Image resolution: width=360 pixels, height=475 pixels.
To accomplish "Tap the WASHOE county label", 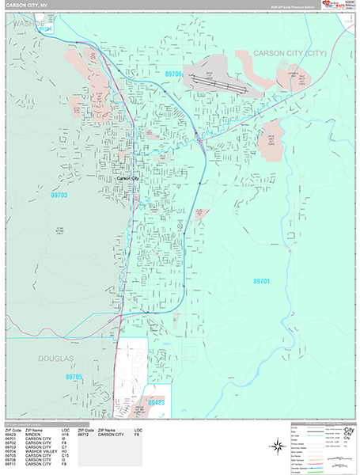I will tap(31, 24).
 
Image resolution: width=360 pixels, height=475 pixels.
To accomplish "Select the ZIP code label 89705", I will tap(74, 377).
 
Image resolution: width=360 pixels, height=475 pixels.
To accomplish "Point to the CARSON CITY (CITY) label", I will tap(290, 53).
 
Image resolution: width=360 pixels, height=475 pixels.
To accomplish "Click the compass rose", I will tap(279, 446).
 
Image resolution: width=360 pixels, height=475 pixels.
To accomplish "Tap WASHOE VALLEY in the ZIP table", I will tap(37, 450).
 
